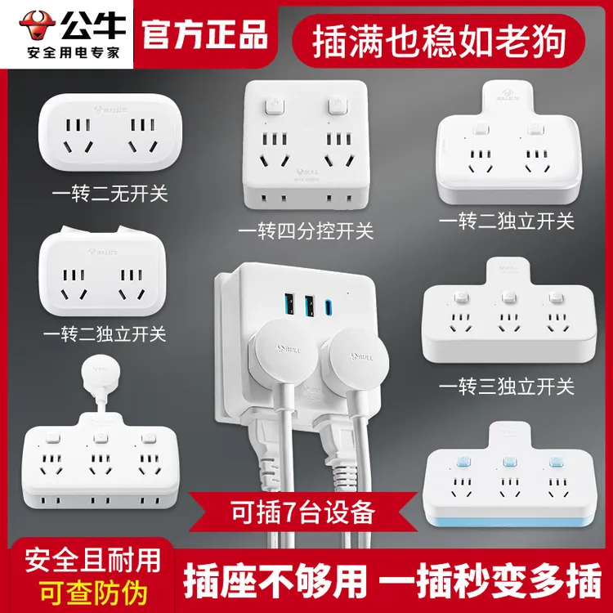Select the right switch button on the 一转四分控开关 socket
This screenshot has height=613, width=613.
pos(333,107)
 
